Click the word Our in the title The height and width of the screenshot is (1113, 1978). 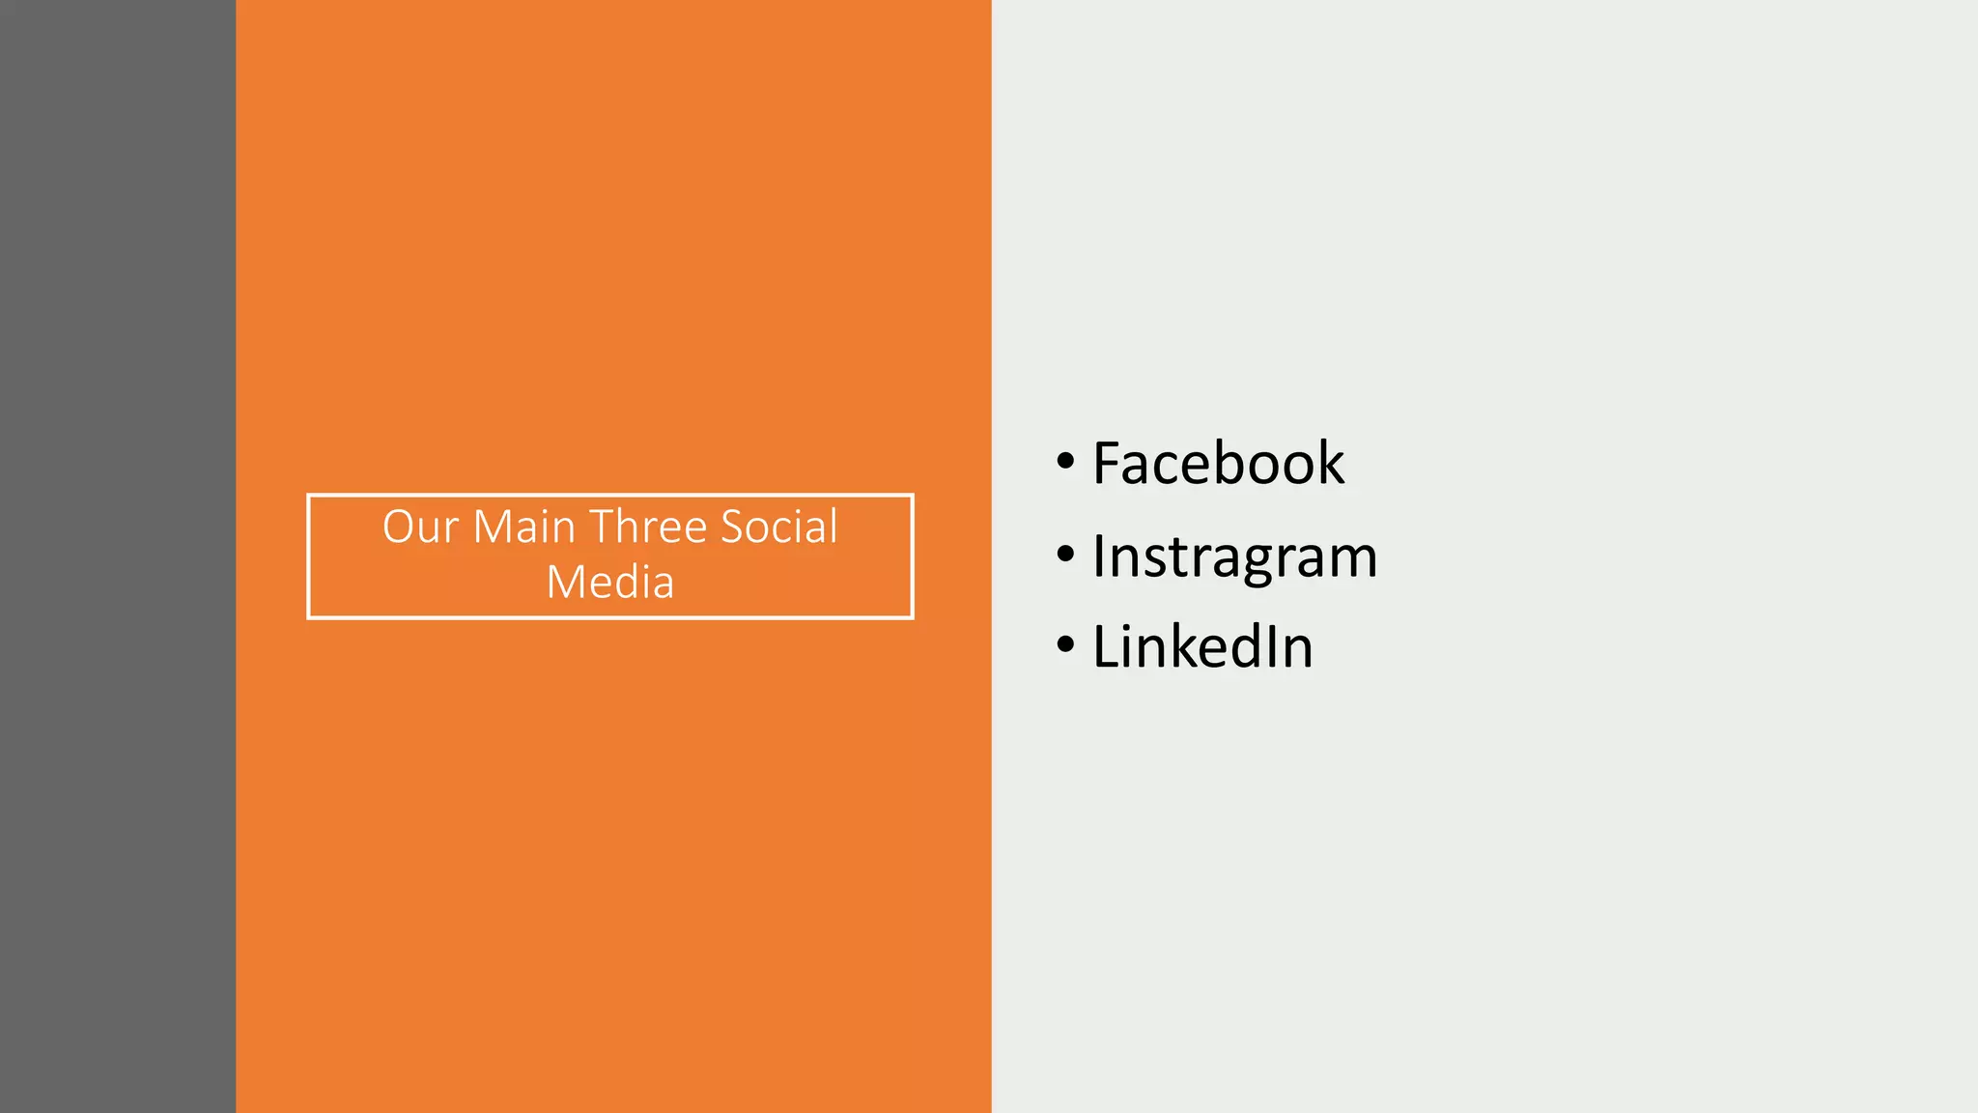click(420, 528)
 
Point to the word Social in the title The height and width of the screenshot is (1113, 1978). click(779, 528)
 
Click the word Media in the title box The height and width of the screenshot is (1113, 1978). click(609, 583)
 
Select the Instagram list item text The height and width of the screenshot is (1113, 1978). click(1233, 557)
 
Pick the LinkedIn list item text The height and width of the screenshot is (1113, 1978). click(1201, 646)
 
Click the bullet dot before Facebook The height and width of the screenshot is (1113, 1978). click(1065, 462)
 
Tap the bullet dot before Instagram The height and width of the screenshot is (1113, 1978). click(1065, 556)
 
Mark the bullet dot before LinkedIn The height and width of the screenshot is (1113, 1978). click(1065, 645)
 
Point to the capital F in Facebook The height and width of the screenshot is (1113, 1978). click(1107, 464)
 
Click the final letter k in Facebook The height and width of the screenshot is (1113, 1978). click(1329, 463)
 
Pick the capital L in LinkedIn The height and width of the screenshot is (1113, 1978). click(1107, 647)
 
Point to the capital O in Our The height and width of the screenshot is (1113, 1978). click(400, 528)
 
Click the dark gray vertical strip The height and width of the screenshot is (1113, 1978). click(117, 556)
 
